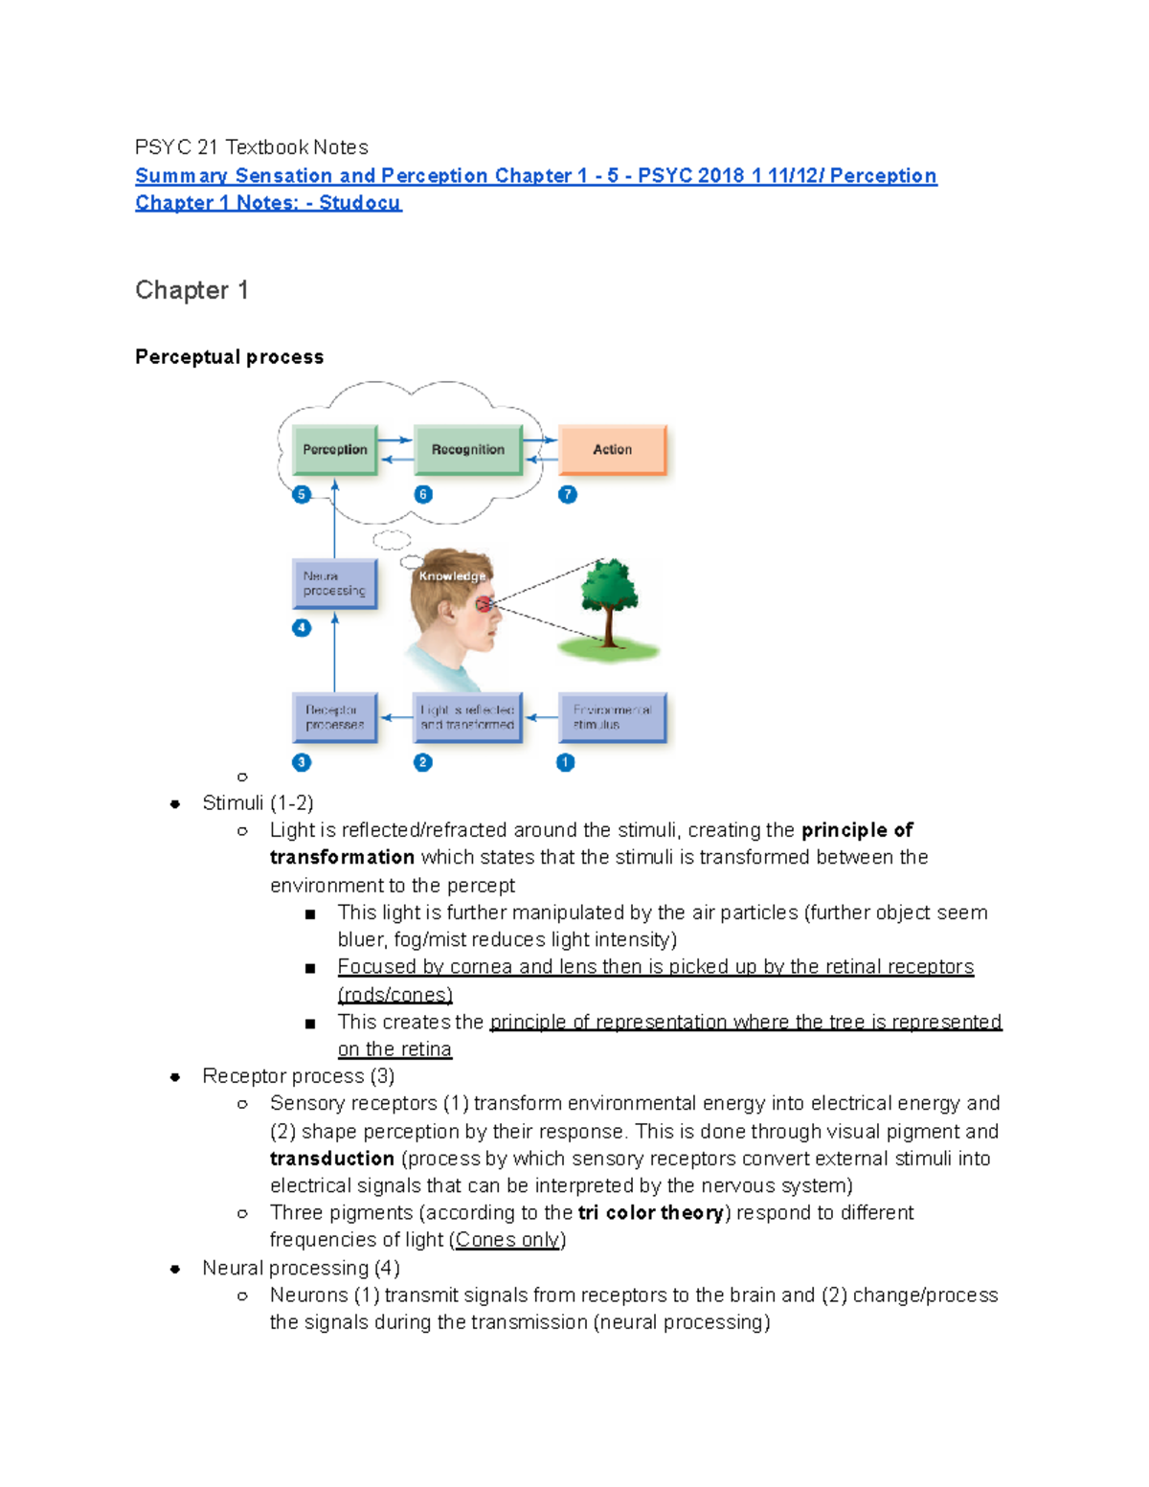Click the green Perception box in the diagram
tap(335, 450)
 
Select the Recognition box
tap(467, 450)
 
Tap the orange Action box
tap(612, 450)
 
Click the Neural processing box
tap(334, 584)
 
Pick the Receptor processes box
tap(334, 718)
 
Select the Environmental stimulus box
tap(612, 718)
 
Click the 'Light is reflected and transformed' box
tap(467, 718)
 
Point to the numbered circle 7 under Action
tap(568, 495)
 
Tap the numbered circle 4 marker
tap(302, 628)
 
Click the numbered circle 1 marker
tap(566, 763)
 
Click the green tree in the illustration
tap(609, 598)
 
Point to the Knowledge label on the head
tap(452, 576)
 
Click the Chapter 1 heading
tap(191, 290)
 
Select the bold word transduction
tap(331, 1159)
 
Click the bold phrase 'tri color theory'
tap(650, 1213)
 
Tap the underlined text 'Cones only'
tap(507, 1240)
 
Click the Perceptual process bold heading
tap(229, 357)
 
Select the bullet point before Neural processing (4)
tap(175, 1269)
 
